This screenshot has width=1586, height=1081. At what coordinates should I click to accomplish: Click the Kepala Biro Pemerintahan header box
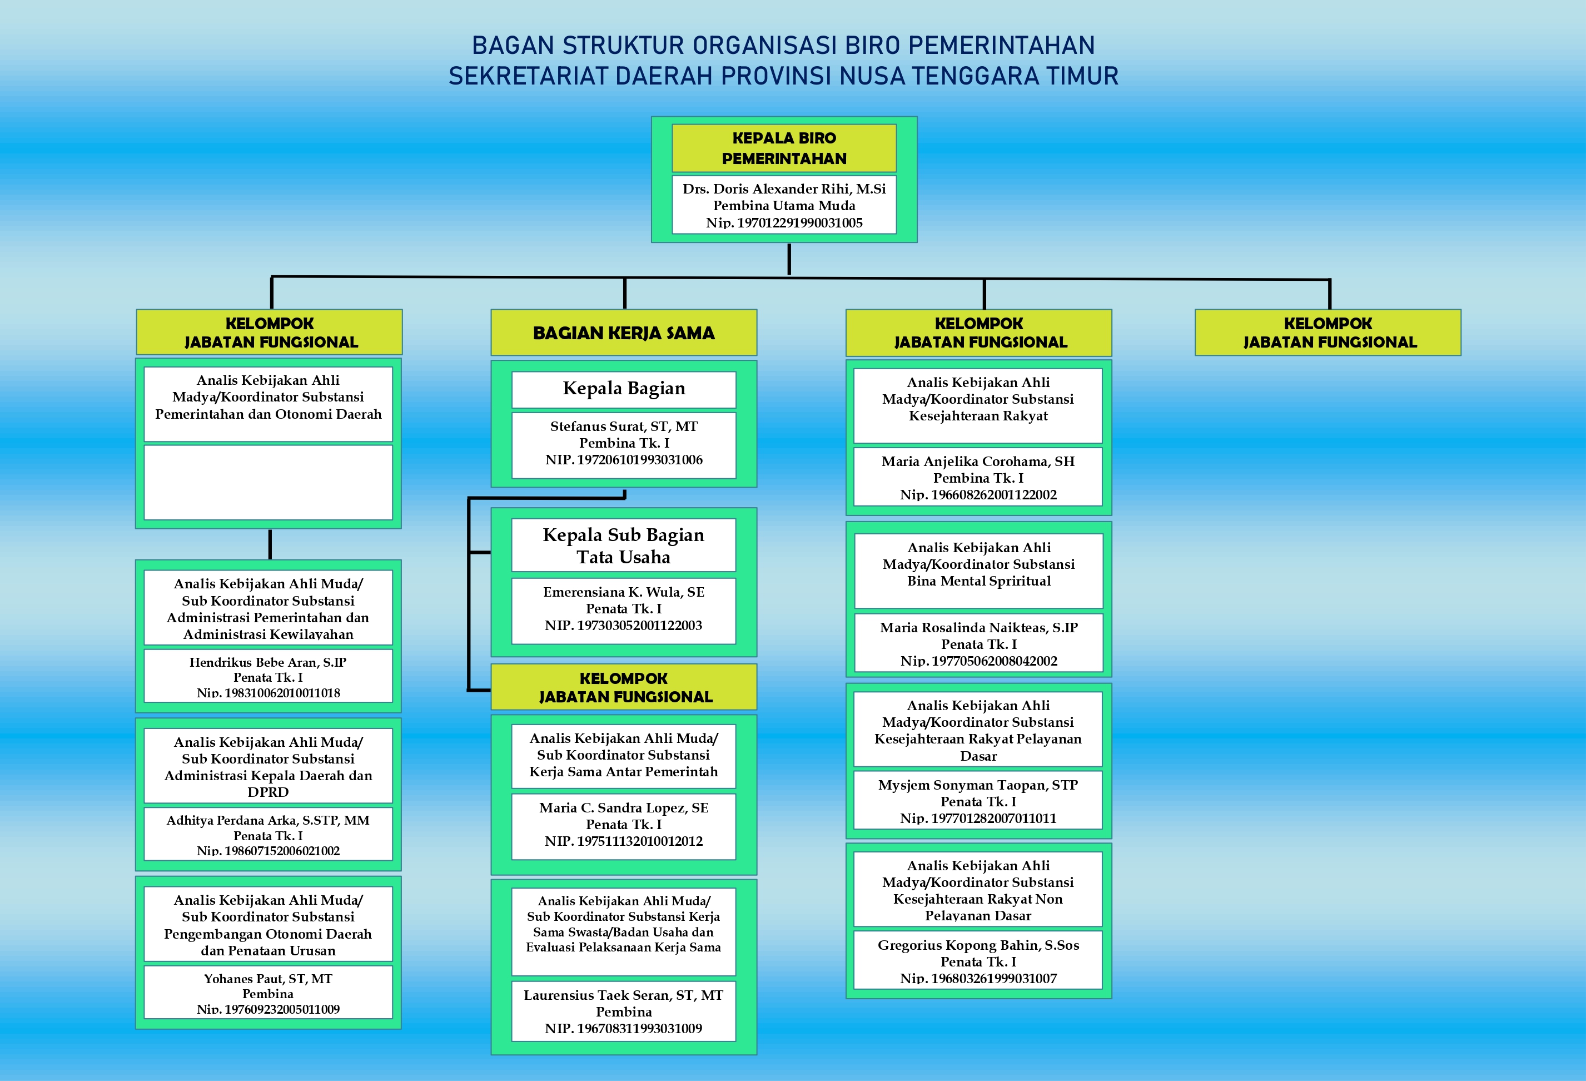coord(784,148)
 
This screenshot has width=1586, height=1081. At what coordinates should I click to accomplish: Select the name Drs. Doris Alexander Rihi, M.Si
coord(784,189)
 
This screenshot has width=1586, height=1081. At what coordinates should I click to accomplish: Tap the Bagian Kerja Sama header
coord(624,333)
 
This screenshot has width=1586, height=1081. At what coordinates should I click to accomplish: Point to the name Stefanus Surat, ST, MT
coord(624,427)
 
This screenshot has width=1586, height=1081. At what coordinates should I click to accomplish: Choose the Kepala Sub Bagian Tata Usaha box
coord(624,546)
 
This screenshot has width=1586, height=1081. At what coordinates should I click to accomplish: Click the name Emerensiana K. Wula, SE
coord(624,592)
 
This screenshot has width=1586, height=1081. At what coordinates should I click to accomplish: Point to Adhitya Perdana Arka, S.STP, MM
coord(268,820)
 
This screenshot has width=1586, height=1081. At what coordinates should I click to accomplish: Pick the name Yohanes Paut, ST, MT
coord(268,979)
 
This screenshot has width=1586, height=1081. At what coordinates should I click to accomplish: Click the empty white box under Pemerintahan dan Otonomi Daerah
coord(268,483)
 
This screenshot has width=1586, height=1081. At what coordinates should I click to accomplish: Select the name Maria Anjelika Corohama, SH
coord(978,462)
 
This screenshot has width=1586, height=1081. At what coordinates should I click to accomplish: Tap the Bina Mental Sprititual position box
coord(978,571)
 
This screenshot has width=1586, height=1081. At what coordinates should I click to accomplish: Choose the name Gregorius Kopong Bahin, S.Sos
coord(978,945)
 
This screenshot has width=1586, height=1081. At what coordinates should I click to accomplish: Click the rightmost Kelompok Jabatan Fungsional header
coord(1328,333)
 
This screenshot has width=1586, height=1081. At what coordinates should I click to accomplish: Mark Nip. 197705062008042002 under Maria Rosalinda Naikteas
coord(978,661)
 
